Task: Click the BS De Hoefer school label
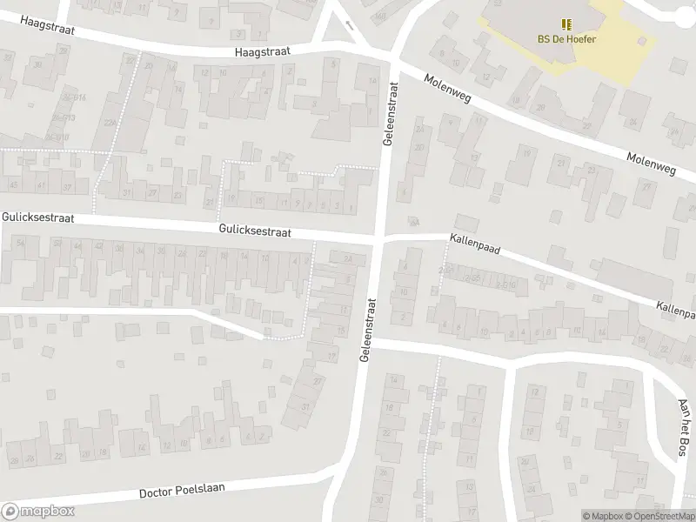point(566,39)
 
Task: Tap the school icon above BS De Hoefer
point(566,24)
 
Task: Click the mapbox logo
point(37,512)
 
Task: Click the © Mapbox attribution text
point(602,516)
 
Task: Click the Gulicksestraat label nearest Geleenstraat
point(255,231)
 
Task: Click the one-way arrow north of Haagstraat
point(350,25)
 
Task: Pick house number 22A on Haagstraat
point(110,123)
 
